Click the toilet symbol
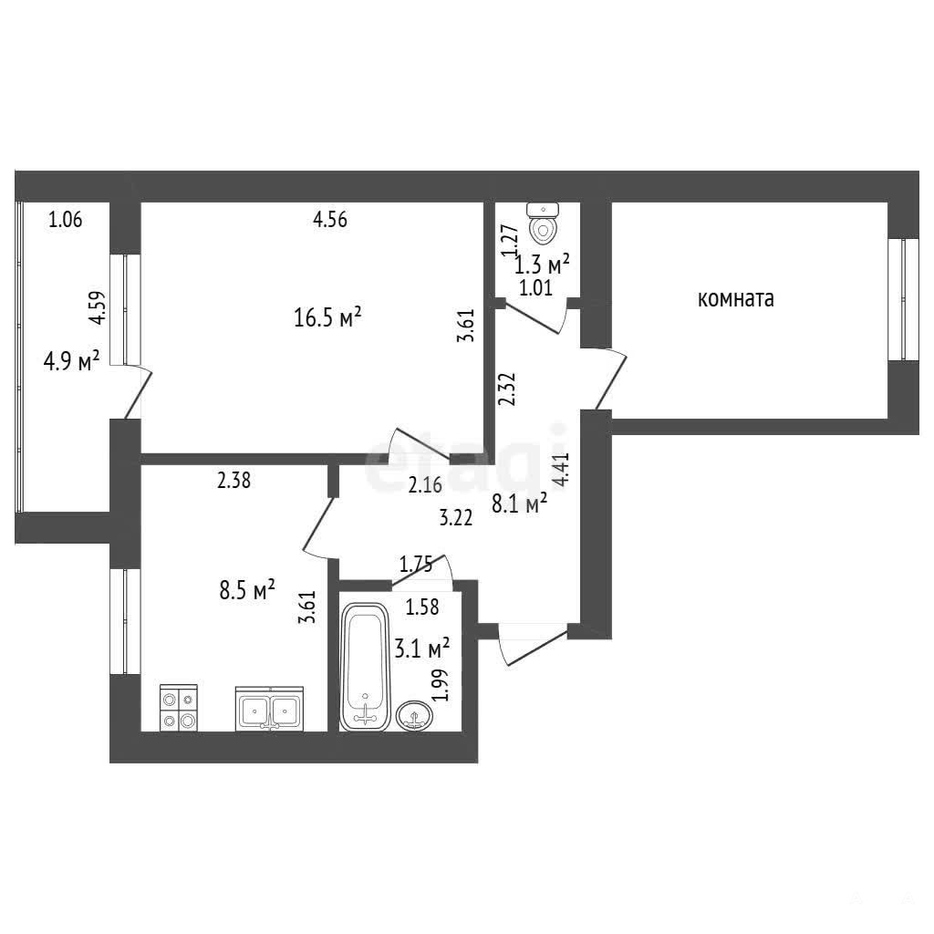tap(543, 223)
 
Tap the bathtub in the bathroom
tap(365, 667)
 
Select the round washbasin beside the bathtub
tap(414, 715)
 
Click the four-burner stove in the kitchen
tap(179, 708)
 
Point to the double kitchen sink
tap(269, 708)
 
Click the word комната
tap(736, 298)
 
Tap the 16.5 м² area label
tap(327, 317)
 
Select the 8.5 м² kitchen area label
tap(247, 590)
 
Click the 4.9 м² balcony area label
tap(71, 361)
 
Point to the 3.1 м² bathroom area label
tap(421, 648)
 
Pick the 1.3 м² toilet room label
tap(542, 264)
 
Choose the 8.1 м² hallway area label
tap(519, 504)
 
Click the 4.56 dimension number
tap(330, 219)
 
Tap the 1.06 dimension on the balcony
tap(66, 219)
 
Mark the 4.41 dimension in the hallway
tap(561, 471)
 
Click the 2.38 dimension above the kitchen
tap(233, 480)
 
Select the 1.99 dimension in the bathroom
tap(440, 684)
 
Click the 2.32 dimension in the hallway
tap(506, 389)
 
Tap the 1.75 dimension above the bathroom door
tap(416, 564)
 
